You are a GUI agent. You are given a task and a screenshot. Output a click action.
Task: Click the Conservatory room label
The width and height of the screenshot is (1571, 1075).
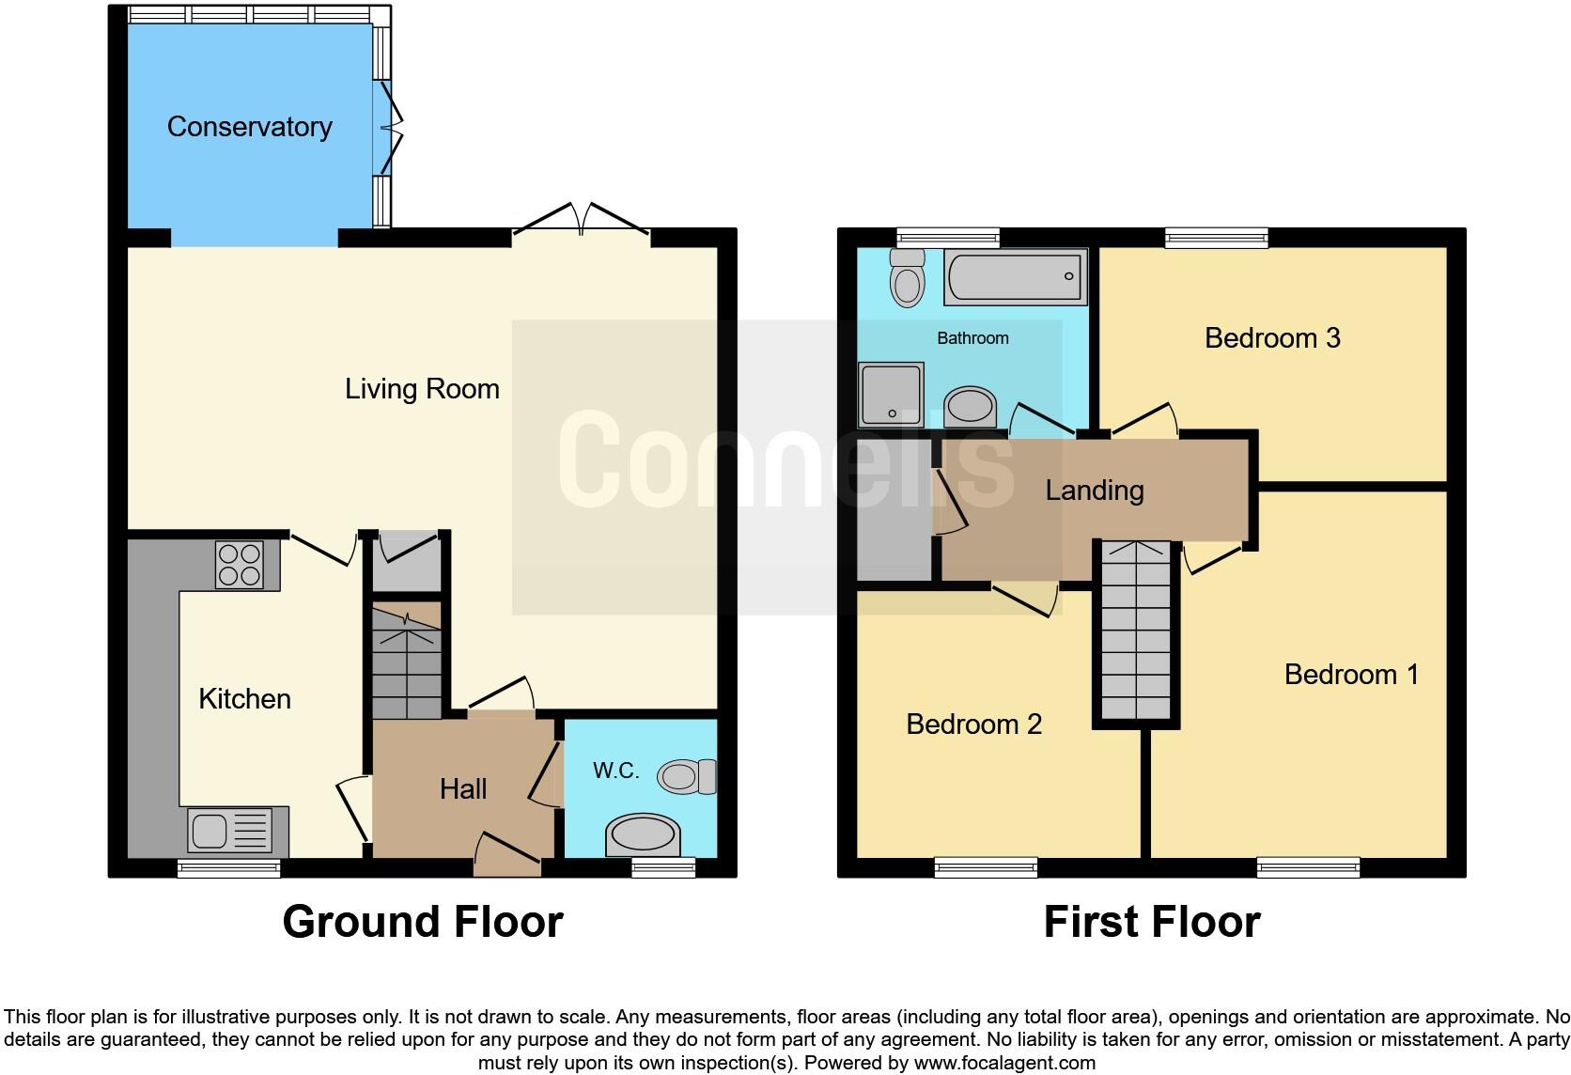click(249, 127)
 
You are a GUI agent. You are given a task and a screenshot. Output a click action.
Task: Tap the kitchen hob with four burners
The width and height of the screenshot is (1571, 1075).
click(239, 565)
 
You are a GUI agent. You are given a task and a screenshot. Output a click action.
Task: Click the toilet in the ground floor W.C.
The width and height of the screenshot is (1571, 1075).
click(685, 776)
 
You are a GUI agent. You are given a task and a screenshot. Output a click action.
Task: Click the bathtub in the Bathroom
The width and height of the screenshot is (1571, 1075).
click(1015, 276)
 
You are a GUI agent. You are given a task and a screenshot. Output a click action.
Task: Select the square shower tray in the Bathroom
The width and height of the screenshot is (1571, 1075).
click(890, 393)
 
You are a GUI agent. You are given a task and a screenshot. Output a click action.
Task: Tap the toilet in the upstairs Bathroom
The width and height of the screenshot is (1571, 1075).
click(907, 277)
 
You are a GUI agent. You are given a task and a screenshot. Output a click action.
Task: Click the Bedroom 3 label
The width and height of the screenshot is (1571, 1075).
click(1271, 337)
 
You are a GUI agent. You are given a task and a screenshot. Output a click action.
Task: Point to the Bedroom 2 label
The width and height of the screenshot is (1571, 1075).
click(973, 724)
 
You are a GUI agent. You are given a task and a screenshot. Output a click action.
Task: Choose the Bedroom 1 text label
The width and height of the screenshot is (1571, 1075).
click(1350, 674)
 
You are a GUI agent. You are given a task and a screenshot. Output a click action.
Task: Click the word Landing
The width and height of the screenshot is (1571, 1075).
click(1094, 491)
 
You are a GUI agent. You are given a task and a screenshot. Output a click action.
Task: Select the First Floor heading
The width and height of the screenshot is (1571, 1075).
click(1151, 922)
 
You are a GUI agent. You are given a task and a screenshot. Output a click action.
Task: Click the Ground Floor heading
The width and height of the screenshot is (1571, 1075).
click(422, 922)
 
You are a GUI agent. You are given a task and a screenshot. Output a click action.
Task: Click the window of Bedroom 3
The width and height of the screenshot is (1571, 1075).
click(1216, 237)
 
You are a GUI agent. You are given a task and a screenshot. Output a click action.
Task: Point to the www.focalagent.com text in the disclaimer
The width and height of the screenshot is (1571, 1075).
click(1004, 1064)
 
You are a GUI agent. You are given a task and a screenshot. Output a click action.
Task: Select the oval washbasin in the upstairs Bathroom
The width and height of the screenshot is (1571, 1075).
click(970, 408)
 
